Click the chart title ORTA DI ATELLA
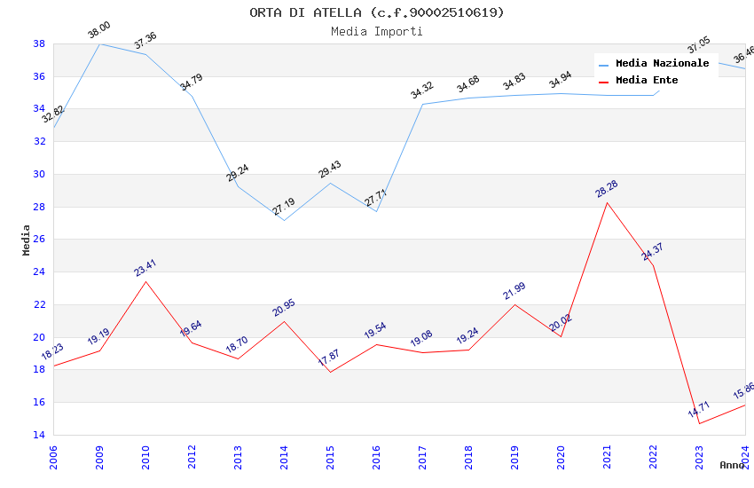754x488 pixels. [x=376, y=12]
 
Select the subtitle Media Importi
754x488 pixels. [x=376, y=32]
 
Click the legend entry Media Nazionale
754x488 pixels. [x=662, y=64]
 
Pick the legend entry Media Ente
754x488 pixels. [x=647, y=81]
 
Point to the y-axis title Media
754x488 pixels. [x=27, y=240]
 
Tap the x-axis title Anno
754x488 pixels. [x=732, y=465]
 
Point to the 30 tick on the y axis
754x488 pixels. [x=39, y=174]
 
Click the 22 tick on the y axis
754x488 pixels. [x=39, y=304]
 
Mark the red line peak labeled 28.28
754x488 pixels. [x=607, y=202]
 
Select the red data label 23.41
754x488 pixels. [x=145, y=268]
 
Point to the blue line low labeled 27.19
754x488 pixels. [x=284, y=220]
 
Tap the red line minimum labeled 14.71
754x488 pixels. [x=699, y=423]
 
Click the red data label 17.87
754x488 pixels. [x=329, y=358]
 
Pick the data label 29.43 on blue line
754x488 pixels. [x=330, y=169]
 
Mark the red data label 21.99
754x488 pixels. [x=514, y=291]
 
